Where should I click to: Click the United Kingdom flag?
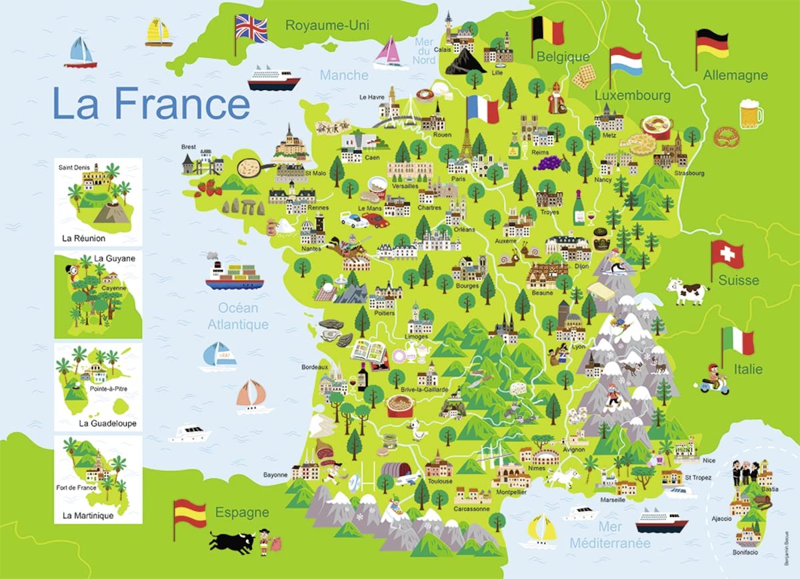pyautogui.click(x=251, y=29)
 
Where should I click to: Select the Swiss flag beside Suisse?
pyautogui.click(x=727, y=253)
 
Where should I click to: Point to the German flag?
pyautogui.click(x=712, y=43)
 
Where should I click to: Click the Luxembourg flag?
pyautogui.click(x=626, y=61)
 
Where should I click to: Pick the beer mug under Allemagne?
pyautogui.click(x=751, y=113)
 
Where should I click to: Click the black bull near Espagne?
pyautogui.click(x=232, y=540)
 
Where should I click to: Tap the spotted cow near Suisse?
pyautogui.click(x=687, y=292)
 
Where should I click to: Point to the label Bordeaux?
pyautogui.click(x=315, y=367)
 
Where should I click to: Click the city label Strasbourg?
pyautogui.click(x=688, y=173)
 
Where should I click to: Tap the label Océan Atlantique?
pyautogui.click(x=237, y=316)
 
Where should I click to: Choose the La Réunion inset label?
pyautogui.click(x=83, y=237)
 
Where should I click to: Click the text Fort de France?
pyautogui.click(x=77, y=487)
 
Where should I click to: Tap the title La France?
pyautogui.click(x=151, y=103)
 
